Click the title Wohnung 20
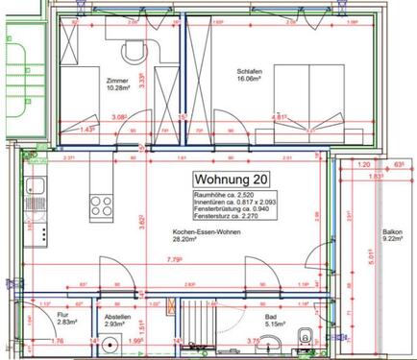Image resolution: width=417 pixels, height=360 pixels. click(x=231, y=179)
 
